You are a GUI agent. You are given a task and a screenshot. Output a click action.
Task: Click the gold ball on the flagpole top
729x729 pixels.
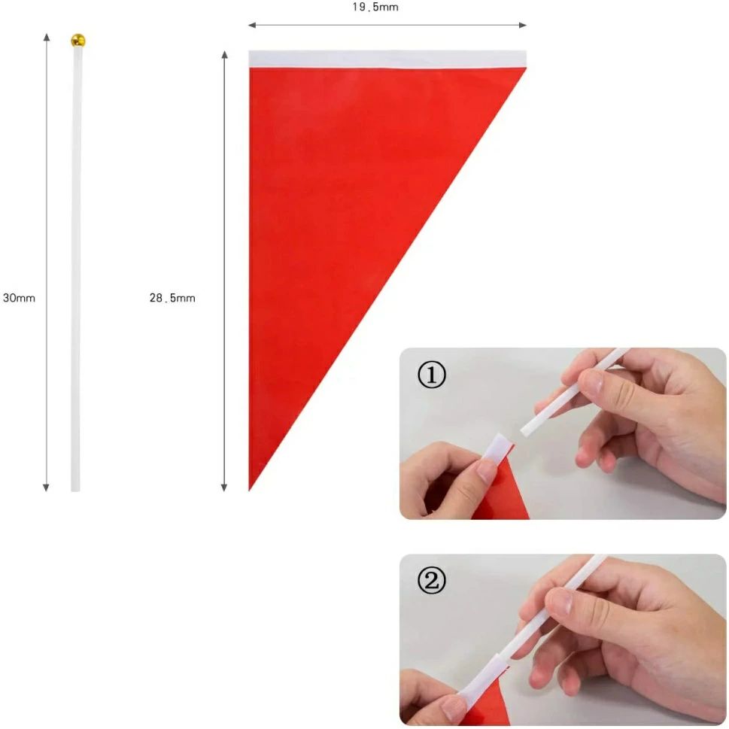(x=77, y=41)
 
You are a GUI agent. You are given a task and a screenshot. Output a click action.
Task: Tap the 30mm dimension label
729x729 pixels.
(x=19, y=298)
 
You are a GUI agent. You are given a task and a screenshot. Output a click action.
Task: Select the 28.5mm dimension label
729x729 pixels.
(x=172, y=298)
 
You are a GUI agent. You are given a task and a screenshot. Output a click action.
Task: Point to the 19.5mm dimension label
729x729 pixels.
(x=375, y=7)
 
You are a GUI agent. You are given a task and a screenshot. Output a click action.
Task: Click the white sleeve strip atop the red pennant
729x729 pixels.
(x=387, y=59)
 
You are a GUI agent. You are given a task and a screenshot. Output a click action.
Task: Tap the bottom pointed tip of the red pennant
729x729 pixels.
(x=250, y=490)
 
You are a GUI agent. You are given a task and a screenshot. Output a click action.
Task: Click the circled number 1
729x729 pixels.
(x=431, y=375)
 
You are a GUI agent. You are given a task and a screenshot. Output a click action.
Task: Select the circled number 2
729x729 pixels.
(x=431, y=580)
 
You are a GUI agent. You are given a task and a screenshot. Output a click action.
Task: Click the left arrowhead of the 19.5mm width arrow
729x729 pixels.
(x=252, y=25)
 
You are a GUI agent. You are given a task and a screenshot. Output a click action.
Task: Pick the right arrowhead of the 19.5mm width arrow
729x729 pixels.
(x=523, y=25)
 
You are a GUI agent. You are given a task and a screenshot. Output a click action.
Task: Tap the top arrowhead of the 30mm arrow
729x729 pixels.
(x=47, y=37)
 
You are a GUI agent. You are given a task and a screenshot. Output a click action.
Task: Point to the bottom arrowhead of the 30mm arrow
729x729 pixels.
(x=46, y=488)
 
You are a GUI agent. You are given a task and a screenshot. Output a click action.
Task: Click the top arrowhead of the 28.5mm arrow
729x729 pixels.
(x=224, y=54)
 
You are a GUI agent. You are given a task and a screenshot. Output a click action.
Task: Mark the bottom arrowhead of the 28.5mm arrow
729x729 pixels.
(x=224, y=488)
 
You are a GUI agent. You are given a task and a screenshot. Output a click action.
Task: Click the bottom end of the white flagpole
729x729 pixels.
(x=75, y=490)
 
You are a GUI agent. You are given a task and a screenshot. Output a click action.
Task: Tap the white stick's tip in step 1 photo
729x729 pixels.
(x=524, y=431)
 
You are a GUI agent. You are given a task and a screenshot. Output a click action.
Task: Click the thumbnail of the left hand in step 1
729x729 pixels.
(x=486, y=470)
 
